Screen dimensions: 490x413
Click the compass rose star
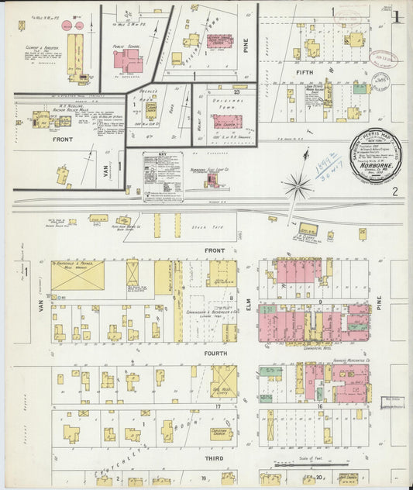[x=297, y=185]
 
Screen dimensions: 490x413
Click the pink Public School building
[x=127, y=61]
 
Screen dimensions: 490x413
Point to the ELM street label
[x=250, y=310]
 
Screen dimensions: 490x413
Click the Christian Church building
[x=222, y=433]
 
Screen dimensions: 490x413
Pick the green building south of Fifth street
[x=360, y=88]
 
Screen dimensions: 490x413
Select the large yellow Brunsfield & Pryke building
[x=77, y=275]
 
